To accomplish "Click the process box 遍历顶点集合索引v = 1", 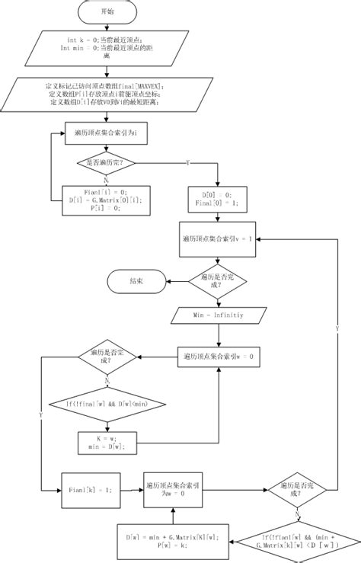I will pyautogui.click(x=218, y=238).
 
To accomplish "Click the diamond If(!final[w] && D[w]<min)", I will pyautogui.click(x=106, y=403).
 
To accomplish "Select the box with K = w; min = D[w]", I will pyautogui.click(x=106, y=443).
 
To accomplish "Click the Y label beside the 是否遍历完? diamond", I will pyautogui.click(x=187, y=163).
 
